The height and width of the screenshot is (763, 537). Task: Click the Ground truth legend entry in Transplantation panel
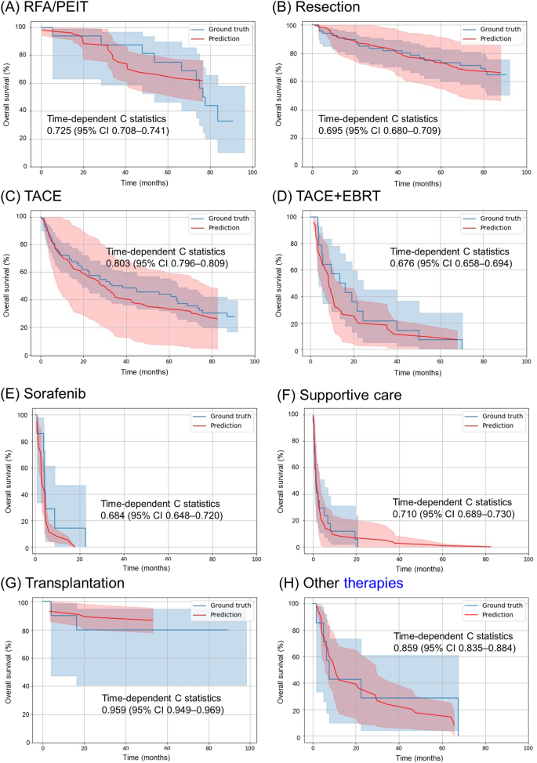click(217, 605)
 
